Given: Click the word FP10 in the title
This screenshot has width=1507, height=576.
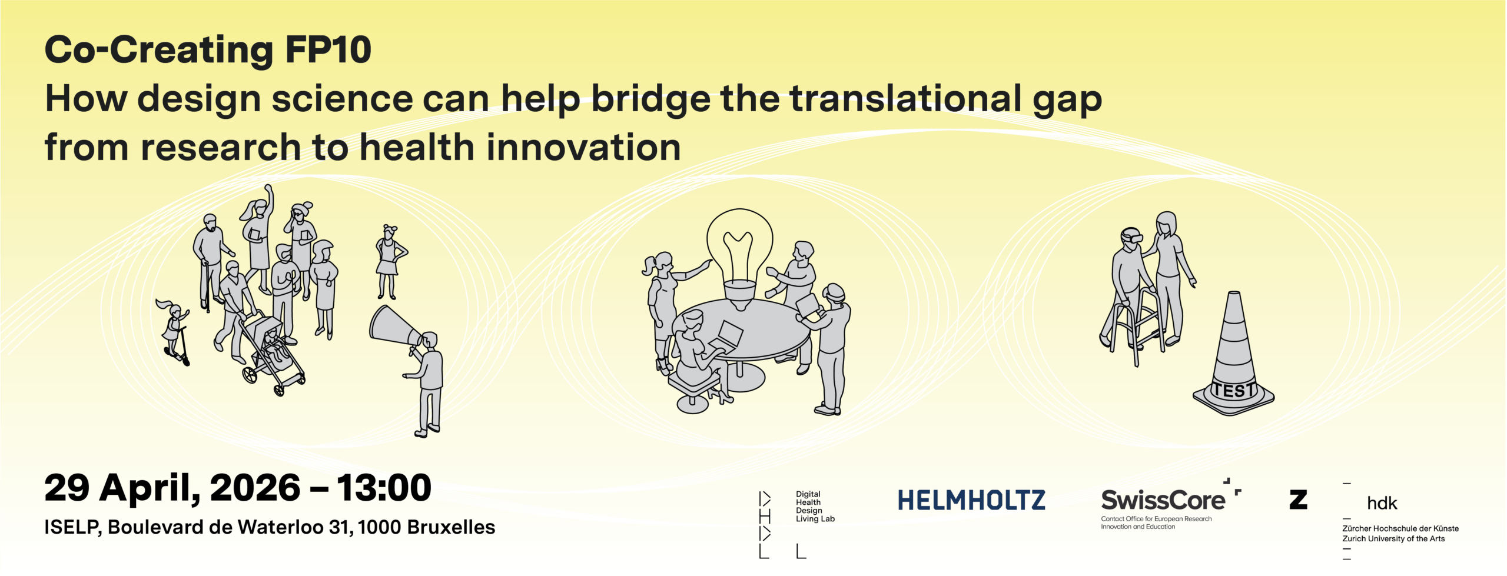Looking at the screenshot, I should (x=328, y=51).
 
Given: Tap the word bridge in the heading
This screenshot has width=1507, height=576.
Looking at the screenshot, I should (x=650, y=99).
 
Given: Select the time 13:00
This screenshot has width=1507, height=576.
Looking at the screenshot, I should (x=384, y=488).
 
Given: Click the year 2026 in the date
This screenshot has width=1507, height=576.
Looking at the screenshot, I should (x=255, y=488).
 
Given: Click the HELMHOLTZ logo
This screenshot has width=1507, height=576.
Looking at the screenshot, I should (x=971, y=501).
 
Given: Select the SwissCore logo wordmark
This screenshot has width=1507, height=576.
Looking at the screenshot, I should (x=1163, y=501).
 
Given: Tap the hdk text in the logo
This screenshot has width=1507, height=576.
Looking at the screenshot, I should (x=1382, y=504).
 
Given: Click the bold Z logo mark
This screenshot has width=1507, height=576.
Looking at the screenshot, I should (x=1298, y=500).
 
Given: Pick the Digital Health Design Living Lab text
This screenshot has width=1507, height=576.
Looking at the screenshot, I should (x=815, y=507).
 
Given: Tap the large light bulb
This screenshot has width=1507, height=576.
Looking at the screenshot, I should (x=739, y=253).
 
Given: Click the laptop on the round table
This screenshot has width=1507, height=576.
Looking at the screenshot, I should (x=727, y=335).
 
